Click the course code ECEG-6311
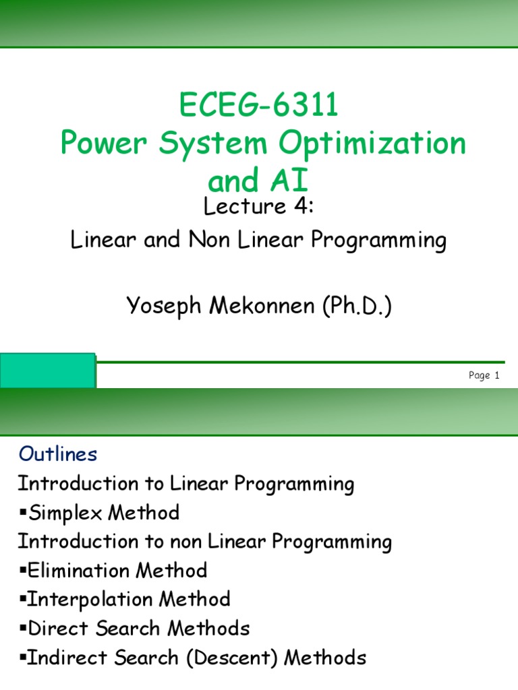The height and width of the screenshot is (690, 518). click(x=259, y=106)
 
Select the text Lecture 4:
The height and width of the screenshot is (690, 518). click(x=259, y=208)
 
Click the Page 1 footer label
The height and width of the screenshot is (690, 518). click(x=484, y=376)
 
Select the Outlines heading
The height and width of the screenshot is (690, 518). click(x=58, y=455)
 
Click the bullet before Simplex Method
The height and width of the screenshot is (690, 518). click(x=22, y=513)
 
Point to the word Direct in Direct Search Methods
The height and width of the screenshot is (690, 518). click(x=53, y=629)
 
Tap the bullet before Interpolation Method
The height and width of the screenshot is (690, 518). click(x=22, y=600)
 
